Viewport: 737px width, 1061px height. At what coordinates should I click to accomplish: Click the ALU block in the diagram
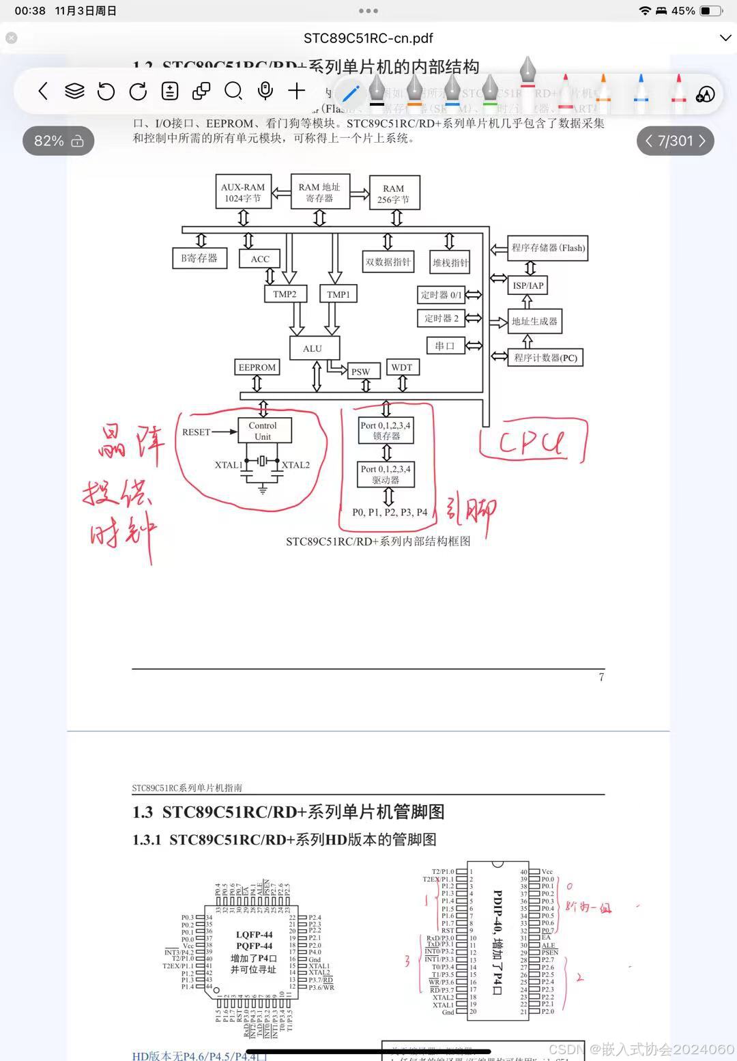(x=313, y=348)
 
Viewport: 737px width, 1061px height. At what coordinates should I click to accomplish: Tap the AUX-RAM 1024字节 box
(x=243, y=193)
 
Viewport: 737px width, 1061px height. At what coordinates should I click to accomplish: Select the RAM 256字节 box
(x=394, y=193)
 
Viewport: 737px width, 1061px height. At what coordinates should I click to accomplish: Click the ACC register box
(x=260, y=259)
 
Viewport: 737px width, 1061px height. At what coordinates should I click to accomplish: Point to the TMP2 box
(x=285, y=294)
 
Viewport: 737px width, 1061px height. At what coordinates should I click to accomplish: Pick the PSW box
(x=361, y=371)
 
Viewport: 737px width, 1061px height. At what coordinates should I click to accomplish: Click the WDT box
(x=402, y=367)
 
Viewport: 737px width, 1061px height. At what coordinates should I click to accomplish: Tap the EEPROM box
(x=257, y=367)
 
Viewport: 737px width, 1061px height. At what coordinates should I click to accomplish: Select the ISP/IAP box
(x=528, y=285)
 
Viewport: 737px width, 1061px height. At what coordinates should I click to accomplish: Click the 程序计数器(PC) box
(x=545, y=357)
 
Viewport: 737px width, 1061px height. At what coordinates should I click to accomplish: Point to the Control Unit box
(x=263, y=431)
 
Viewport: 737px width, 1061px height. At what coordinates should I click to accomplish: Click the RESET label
(x=197, y=432)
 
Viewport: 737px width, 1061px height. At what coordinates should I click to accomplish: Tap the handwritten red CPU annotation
(x=532, y=442)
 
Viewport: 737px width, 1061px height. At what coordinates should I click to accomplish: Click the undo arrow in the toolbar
(x=106, y=91)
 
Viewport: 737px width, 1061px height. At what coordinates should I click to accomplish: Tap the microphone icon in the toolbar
(x=265, y=91)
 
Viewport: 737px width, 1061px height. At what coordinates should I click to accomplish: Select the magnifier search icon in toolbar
(x=233, y=91)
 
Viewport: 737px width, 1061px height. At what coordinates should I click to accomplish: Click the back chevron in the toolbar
(x=43, y=91)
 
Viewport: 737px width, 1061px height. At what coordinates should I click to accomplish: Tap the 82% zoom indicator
(x=58, y=141)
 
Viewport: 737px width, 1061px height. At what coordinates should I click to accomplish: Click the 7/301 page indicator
(x=675, y=141)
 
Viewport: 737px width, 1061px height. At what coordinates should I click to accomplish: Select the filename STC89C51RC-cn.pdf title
(x=368, y=38)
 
